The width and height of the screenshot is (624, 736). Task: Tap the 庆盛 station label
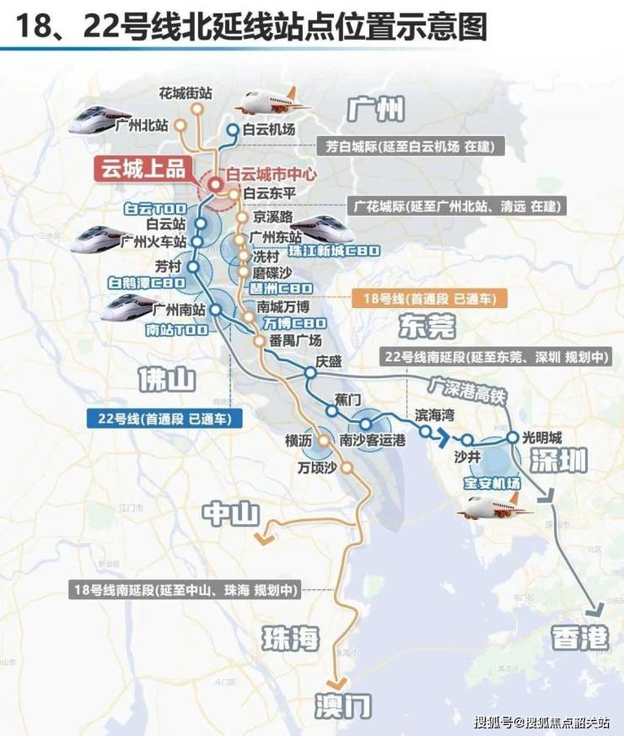331,361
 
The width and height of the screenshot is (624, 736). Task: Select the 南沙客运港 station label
373,440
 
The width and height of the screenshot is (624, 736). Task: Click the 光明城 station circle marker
512,437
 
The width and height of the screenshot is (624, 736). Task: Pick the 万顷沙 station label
318,467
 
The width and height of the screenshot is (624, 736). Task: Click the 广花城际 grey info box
456,205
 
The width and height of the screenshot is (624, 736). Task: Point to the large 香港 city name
581,638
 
